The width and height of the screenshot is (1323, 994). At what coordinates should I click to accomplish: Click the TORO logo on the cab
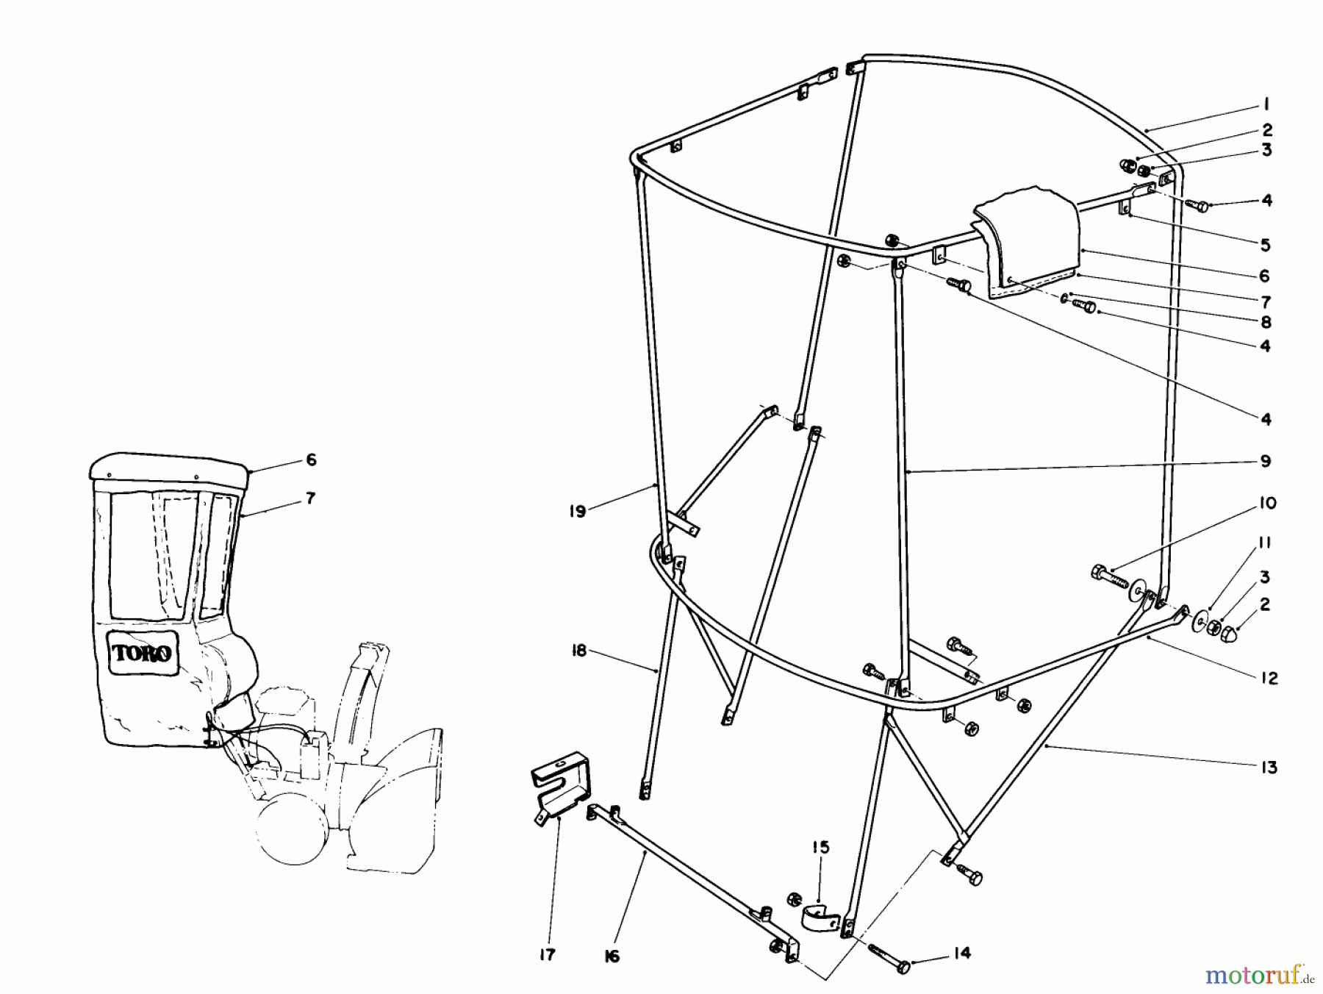tap(143, 652)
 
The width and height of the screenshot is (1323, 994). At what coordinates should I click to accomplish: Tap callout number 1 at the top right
tap(1266, 105)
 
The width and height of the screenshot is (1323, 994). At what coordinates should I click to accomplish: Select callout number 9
tap(1265, 461)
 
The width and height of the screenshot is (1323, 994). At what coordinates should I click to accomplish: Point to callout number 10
tap(1266, 504)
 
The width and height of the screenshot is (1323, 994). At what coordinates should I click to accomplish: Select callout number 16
tap(612, 956)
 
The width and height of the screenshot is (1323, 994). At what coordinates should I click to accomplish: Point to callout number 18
tap(579, 651)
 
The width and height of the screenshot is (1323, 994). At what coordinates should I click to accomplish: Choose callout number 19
tap(578, 511)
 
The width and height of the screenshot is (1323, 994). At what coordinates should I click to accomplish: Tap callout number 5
tap(1265, 245)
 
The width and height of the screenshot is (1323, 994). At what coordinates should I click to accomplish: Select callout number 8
tap(1265, 322)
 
